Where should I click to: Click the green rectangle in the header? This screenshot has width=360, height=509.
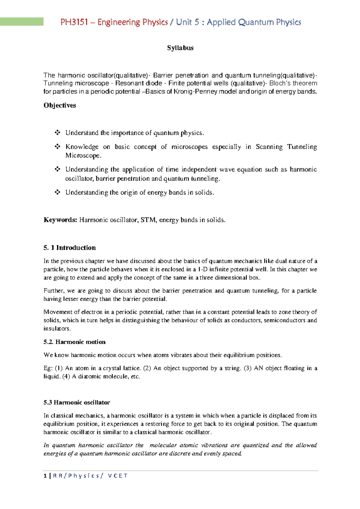[x=22, y=22]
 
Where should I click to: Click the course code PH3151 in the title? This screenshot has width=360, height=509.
[x=74, y=22]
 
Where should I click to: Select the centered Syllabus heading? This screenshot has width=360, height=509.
[x=180, y=48]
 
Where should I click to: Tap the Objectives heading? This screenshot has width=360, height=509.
[x=60, y=105]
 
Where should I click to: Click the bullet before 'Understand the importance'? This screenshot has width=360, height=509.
[x=57, y=132]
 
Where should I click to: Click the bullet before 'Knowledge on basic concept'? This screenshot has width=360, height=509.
[x=57, y=146]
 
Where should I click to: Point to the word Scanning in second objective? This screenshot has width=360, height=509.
[x=269, y=147]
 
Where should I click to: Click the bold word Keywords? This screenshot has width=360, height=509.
[x=60, y=220]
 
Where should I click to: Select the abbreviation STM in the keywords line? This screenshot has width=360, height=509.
[x=148, y=220]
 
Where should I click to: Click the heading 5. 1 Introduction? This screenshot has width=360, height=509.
[x=70, y=248]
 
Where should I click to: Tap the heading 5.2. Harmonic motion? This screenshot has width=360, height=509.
[x=74, y=342]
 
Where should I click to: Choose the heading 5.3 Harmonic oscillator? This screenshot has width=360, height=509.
[x=77, y=402]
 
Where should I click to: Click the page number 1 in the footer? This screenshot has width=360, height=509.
[x=45, y=476]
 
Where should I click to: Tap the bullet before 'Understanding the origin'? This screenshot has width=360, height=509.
[x=57, y=192]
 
